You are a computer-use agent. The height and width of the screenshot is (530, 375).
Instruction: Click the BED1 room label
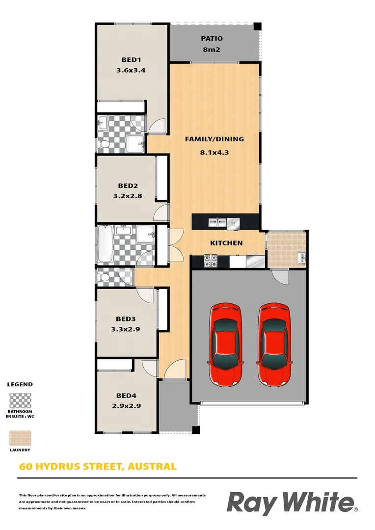(x=131, y=60)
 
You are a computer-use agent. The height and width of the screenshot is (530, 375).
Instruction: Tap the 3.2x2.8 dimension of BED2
(x=127, y=195)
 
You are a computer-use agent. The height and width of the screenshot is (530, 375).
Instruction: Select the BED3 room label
(x=127, y=319)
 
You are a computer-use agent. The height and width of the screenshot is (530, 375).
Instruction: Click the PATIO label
(x=212, y=38)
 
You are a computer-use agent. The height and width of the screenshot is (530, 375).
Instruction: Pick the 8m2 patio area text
(x=212, y=49)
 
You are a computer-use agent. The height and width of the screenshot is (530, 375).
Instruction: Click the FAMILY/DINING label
(x=214, y=139)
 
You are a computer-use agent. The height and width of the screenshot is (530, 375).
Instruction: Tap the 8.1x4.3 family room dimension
(x=214, y=152)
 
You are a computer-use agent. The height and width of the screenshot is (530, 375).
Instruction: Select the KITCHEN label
(x=226, y=243)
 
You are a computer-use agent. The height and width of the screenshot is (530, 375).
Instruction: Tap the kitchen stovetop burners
(x=211, y=261)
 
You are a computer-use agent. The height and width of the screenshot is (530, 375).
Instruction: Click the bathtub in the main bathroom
(x=105, y=243)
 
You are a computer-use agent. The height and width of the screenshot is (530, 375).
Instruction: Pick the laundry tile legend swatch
(x=20, y=438)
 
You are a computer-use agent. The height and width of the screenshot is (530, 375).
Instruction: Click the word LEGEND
(x=20, y=384)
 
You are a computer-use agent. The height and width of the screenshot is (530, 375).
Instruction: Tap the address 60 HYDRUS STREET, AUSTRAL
(x=97, y=466)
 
